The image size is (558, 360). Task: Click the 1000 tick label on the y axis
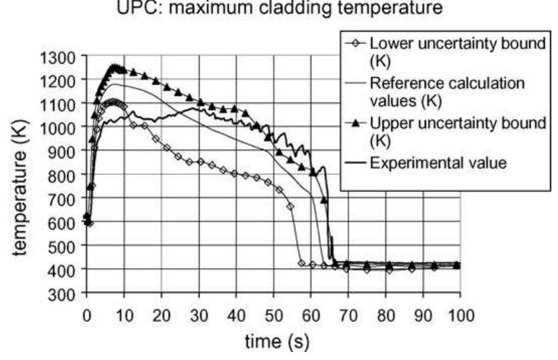[63, 127]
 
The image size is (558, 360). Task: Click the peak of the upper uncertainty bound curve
[115, 67]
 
